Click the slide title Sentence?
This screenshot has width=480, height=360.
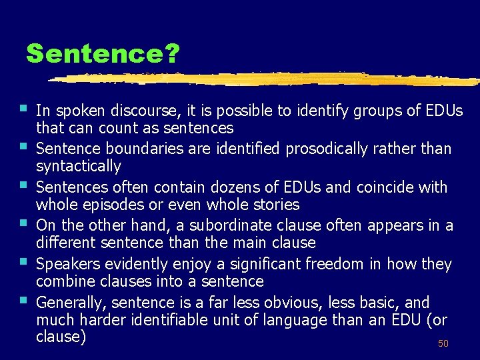[x=103, y=54]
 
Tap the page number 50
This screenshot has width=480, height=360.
[x=443, y=344]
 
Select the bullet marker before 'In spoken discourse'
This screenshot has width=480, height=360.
[x=23, y=107]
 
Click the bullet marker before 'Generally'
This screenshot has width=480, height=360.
[x=23, y=299]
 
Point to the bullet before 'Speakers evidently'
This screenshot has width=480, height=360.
[x=23, y=261]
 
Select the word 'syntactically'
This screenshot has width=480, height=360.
[x=79, y=166]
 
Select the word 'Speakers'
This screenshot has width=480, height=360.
[x=67, y=265]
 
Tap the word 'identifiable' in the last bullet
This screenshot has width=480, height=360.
[x=173, y=321]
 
